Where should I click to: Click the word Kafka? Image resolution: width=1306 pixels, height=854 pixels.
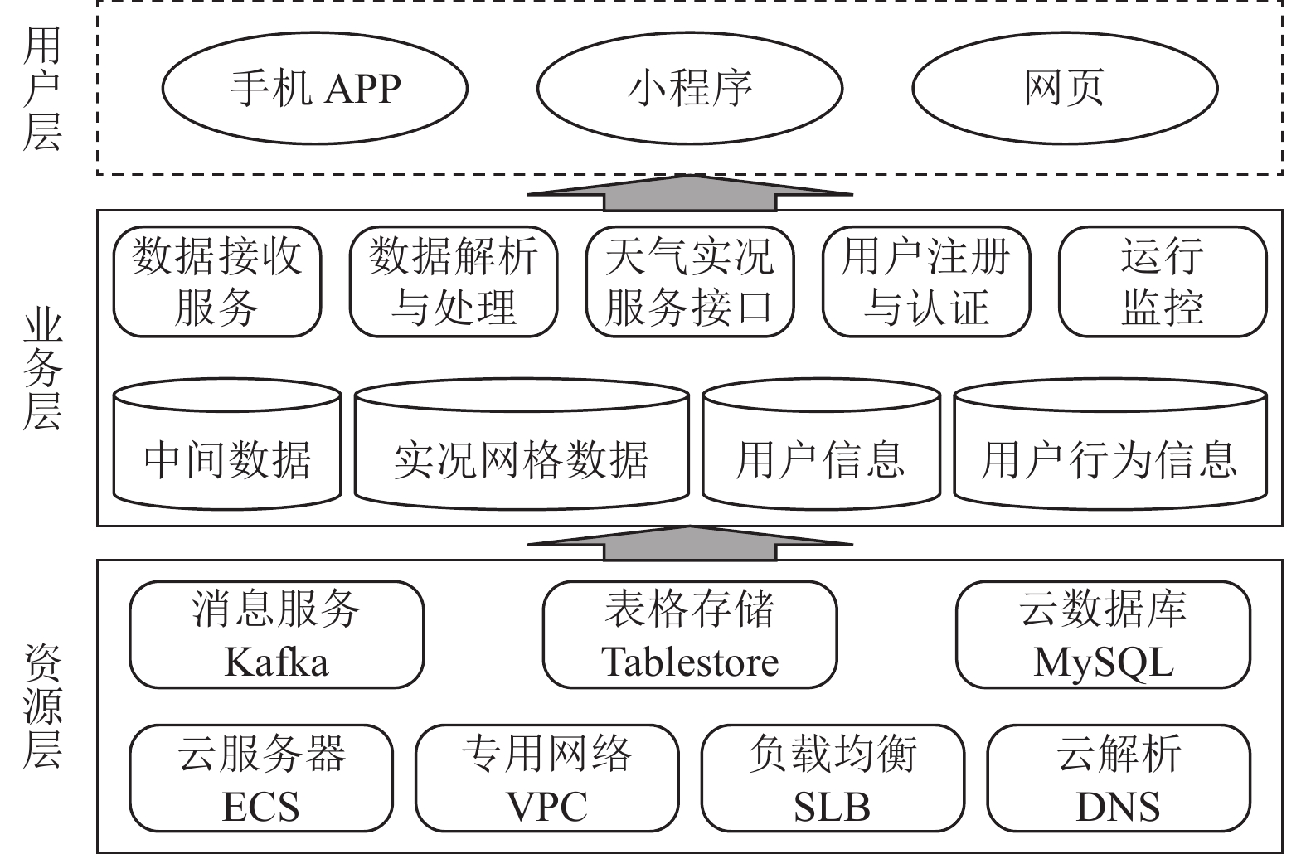[276, 662]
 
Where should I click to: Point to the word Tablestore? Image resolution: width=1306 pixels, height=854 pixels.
[690, 662]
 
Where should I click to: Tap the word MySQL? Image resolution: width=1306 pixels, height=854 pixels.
[1103, 663]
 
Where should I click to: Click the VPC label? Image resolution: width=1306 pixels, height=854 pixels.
[547, 807]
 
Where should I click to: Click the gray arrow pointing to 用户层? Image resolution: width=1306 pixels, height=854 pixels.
[690, 193]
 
